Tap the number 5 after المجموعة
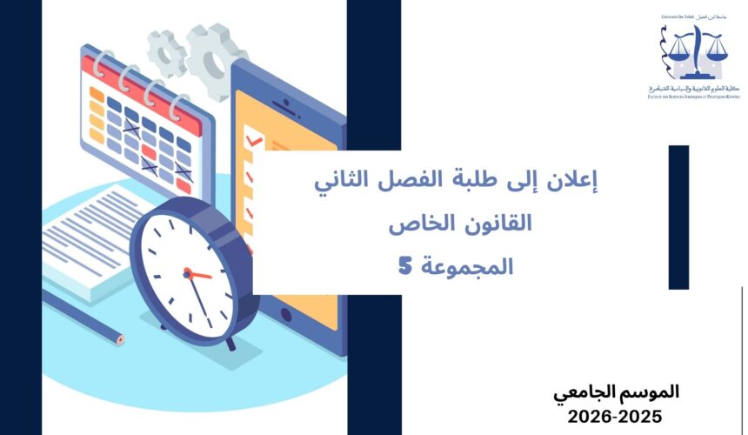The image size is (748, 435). point(404,266)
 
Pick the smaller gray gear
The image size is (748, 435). point(166,53)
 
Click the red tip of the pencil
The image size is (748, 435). point(119,339)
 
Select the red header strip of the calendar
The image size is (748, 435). point(140,78)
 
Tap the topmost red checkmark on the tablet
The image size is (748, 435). point(254,138)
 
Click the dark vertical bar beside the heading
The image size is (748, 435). point(678,217)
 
